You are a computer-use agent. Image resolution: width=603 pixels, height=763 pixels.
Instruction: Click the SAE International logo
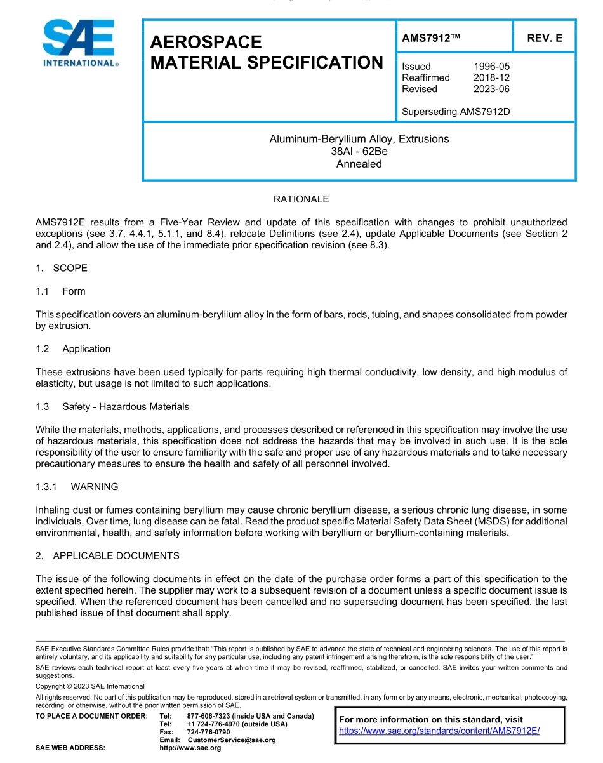click(x=79, y=43)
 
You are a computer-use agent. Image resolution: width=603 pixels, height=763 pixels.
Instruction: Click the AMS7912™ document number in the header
click(x=430, y=38)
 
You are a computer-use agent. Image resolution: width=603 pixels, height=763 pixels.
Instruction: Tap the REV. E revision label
click(x=544, y=38)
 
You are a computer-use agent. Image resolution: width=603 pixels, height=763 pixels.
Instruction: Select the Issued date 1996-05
click(x=491, y=66)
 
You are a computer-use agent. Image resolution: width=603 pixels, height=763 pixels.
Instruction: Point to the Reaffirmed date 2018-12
click(x=491, y=77)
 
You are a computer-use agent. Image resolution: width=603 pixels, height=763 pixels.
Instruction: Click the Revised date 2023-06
click(x=491, y=89)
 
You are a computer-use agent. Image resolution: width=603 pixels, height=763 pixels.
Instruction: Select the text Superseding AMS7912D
click(x=456, y=112)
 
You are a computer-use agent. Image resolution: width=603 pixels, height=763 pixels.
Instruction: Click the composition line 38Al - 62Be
click(x=359, y=151)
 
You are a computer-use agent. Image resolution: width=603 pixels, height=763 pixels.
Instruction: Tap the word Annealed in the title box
click(x=359, y=164)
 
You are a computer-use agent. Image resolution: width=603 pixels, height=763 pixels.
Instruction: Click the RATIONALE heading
click(x=301, y=199)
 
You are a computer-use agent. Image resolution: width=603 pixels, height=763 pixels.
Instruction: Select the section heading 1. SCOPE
click(x=62, y=268)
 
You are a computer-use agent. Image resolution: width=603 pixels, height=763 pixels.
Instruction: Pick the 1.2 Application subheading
click(x=73, y=349)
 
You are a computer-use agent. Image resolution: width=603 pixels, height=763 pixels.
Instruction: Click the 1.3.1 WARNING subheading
click(x=77, y=487)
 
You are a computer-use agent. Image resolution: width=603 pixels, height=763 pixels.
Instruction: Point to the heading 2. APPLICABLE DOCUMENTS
click(x=107, y=556)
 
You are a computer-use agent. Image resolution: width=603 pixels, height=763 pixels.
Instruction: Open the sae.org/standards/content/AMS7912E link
click(x=439, y=731)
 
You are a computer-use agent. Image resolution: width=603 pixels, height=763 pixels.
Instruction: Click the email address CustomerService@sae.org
click(x=231, y=740)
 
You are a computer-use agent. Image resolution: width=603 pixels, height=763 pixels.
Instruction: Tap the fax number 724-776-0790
click(x=208, y=732)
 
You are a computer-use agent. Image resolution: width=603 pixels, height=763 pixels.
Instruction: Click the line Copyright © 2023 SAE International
click(x=90, y=686)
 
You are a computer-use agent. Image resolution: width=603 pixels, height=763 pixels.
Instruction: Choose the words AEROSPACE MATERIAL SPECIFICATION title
click(x=267, y=52)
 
